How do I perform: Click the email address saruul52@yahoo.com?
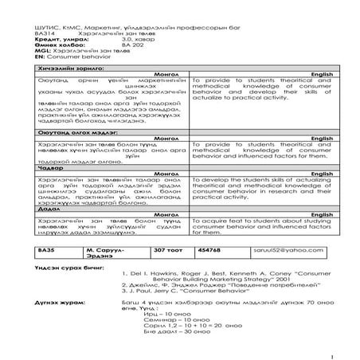coord(299,251)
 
